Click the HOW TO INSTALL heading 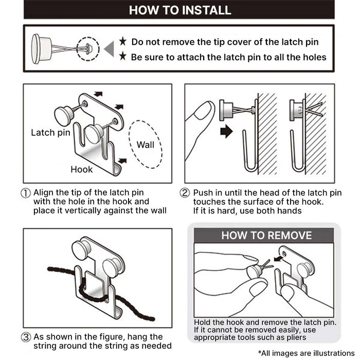click(180, 10)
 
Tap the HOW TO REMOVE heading click(266, 236)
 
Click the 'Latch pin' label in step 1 click(50, 133)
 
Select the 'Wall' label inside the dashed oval click(146, 145)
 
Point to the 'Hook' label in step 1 click(81, 169)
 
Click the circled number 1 click(26, 193)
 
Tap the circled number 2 click(185, 193)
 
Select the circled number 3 click(26, 337)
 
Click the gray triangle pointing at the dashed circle click(110, 49)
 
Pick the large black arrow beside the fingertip click(226, 131)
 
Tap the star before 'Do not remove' click(123, 41)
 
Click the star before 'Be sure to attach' click(123, 56)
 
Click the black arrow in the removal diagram click(278, 259)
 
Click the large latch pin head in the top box click(41, 49)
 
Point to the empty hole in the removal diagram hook click(284, 254)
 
